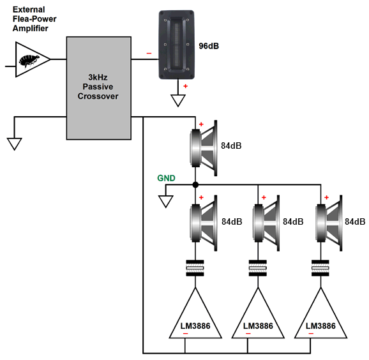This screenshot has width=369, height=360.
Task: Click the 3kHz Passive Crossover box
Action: (99, 88)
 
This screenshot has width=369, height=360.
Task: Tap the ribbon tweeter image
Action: (176, 45)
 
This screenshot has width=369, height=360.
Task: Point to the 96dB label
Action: (209, 46)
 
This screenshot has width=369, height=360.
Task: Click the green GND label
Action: (166, 178)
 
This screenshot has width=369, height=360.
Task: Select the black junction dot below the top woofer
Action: (195, 185)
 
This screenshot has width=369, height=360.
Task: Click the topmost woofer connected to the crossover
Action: (203, 148)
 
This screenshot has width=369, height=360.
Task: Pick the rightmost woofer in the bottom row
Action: (329, 223)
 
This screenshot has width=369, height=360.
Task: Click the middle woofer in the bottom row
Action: (266, 223)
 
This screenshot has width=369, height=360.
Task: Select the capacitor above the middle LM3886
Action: (258, 268)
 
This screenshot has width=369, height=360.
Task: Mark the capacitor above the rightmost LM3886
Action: (320, 268)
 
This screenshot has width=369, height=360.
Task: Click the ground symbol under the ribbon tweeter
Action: (178, 100)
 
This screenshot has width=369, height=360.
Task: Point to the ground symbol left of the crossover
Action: (14, 144)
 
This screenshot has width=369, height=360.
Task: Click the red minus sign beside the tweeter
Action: (149, 54)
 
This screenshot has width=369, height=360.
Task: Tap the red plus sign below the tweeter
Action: (186, 86)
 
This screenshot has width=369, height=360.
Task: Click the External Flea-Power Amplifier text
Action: (34, 19)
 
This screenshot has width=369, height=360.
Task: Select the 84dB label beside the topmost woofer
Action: (231, 146)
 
